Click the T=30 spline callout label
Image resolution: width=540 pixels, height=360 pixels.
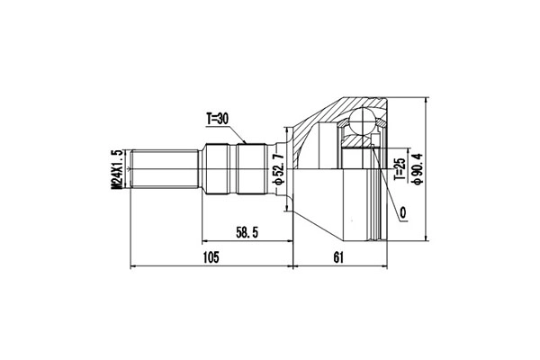[x=217, y=119]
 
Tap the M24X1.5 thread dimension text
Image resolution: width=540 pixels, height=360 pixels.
[x=117, y=169]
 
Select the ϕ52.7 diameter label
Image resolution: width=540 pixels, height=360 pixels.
[x=279, y=169]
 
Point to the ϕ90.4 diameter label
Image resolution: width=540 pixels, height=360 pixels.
[x=418, y=169]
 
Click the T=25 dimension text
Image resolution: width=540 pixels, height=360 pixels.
[x=400, y=169]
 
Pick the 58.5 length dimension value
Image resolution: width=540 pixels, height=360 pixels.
[x=247, y=233]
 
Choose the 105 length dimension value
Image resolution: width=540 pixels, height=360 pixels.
[x=211, y=257]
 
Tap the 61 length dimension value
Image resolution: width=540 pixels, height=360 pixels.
[x=338, y=257]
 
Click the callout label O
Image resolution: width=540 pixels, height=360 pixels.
[x=403, y=213]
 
